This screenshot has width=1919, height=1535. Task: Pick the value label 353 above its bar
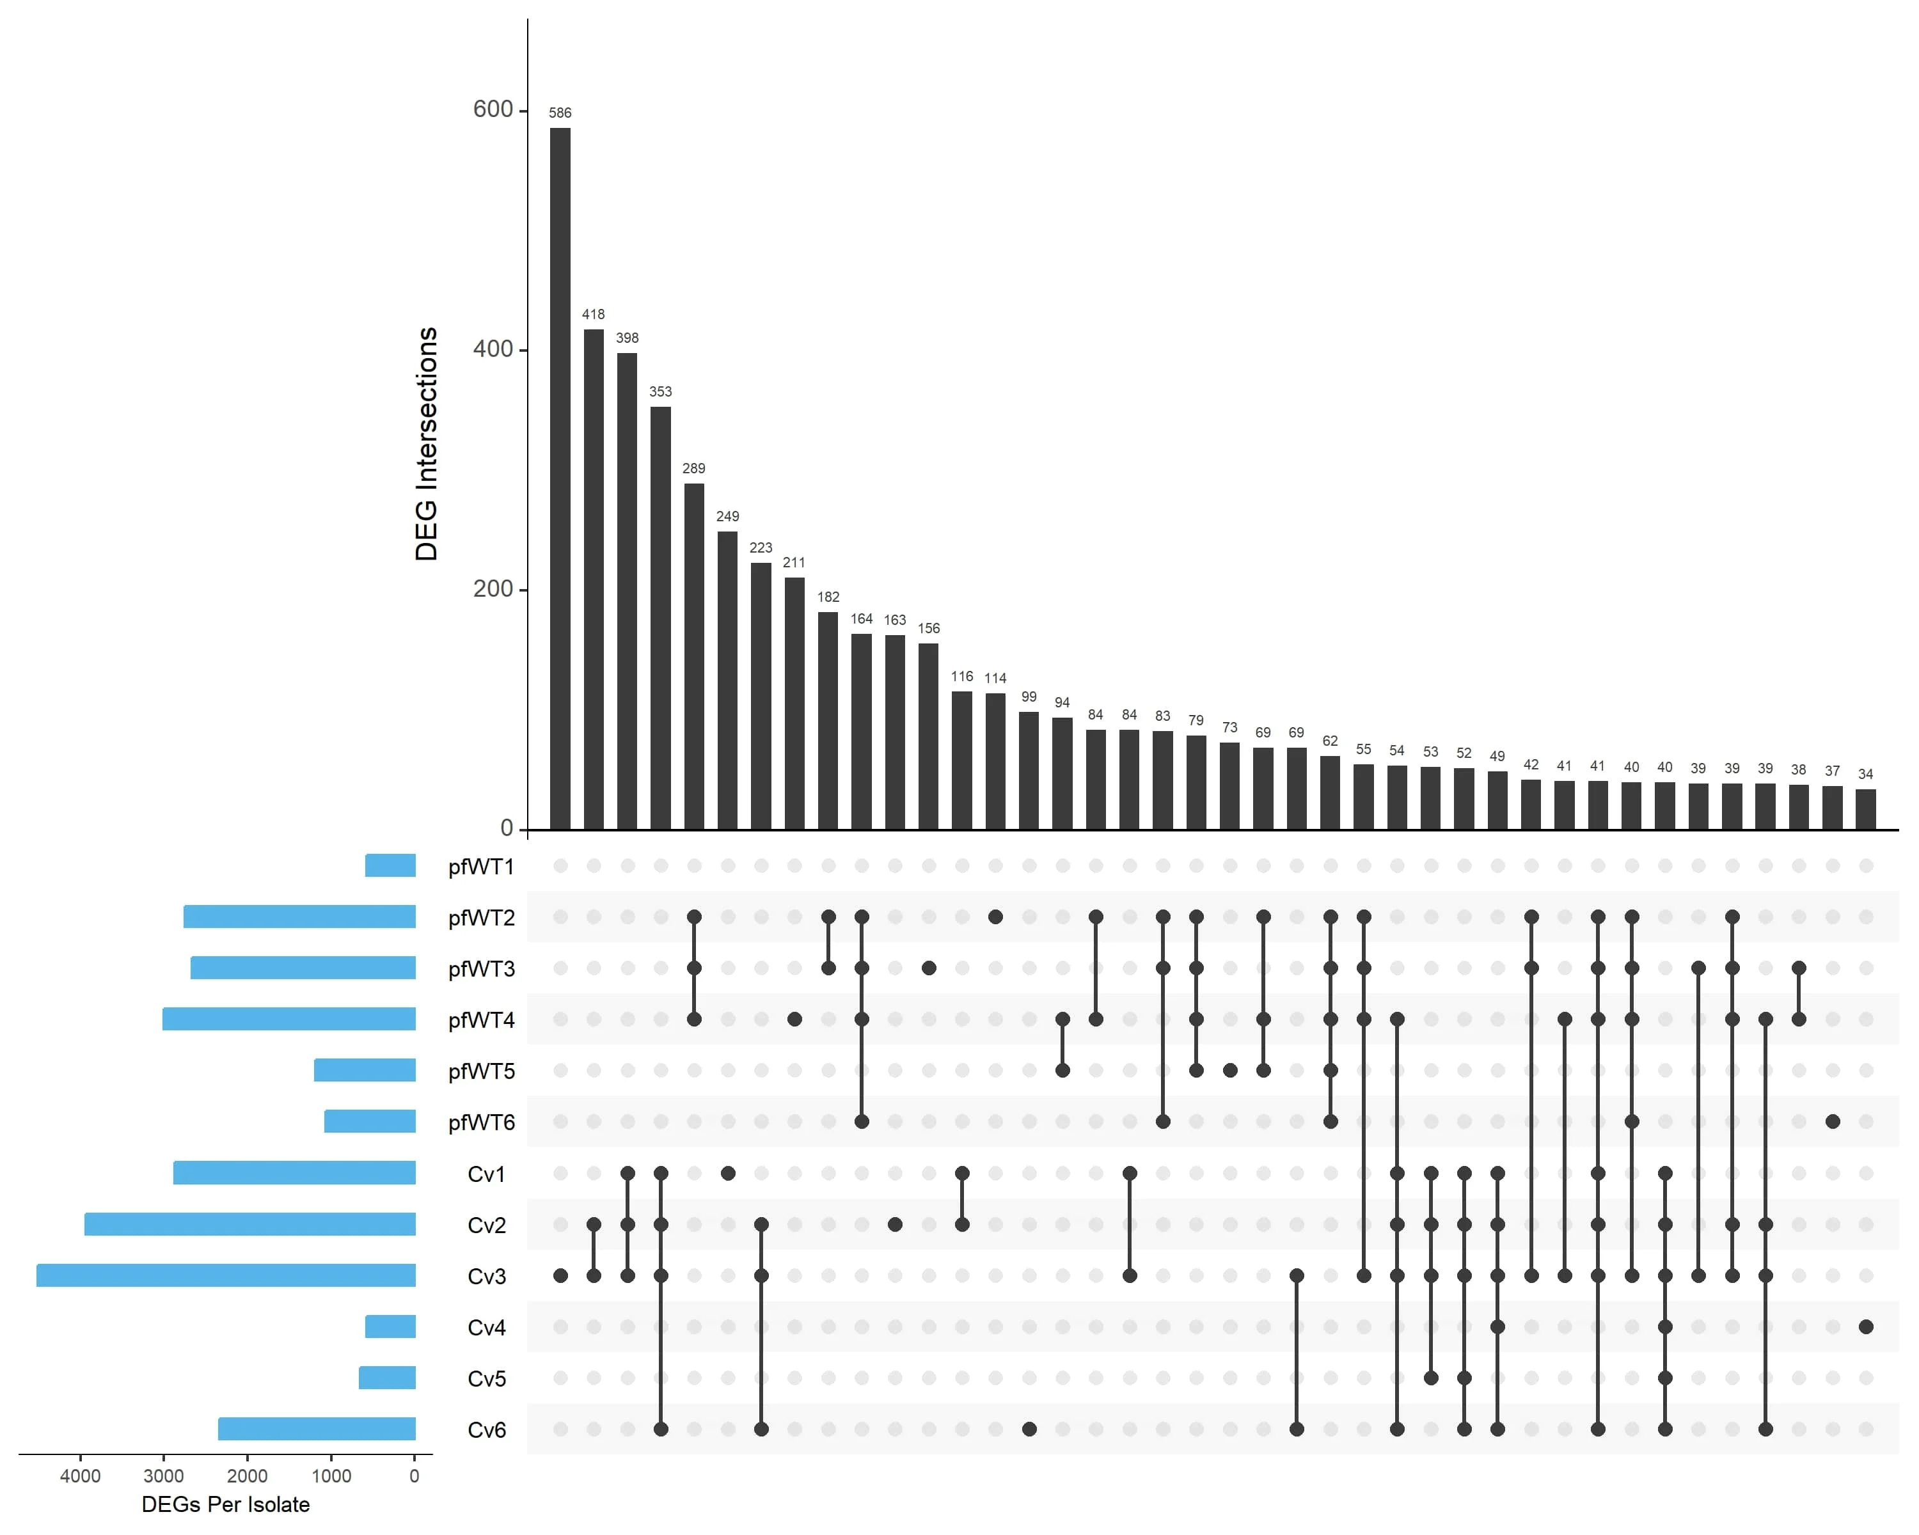click(x=660, y=391)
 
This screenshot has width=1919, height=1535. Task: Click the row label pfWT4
click(x=482, y=1019)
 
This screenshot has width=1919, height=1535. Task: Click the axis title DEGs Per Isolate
click(x=226, y=1505)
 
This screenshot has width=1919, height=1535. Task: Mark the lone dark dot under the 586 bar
click(x=560, y=1275)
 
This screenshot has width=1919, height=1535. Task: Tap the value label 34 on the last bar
click(x=1866, y=774)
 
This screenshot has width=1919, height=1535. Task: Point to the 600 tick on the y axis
click(x=493, y=109)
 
